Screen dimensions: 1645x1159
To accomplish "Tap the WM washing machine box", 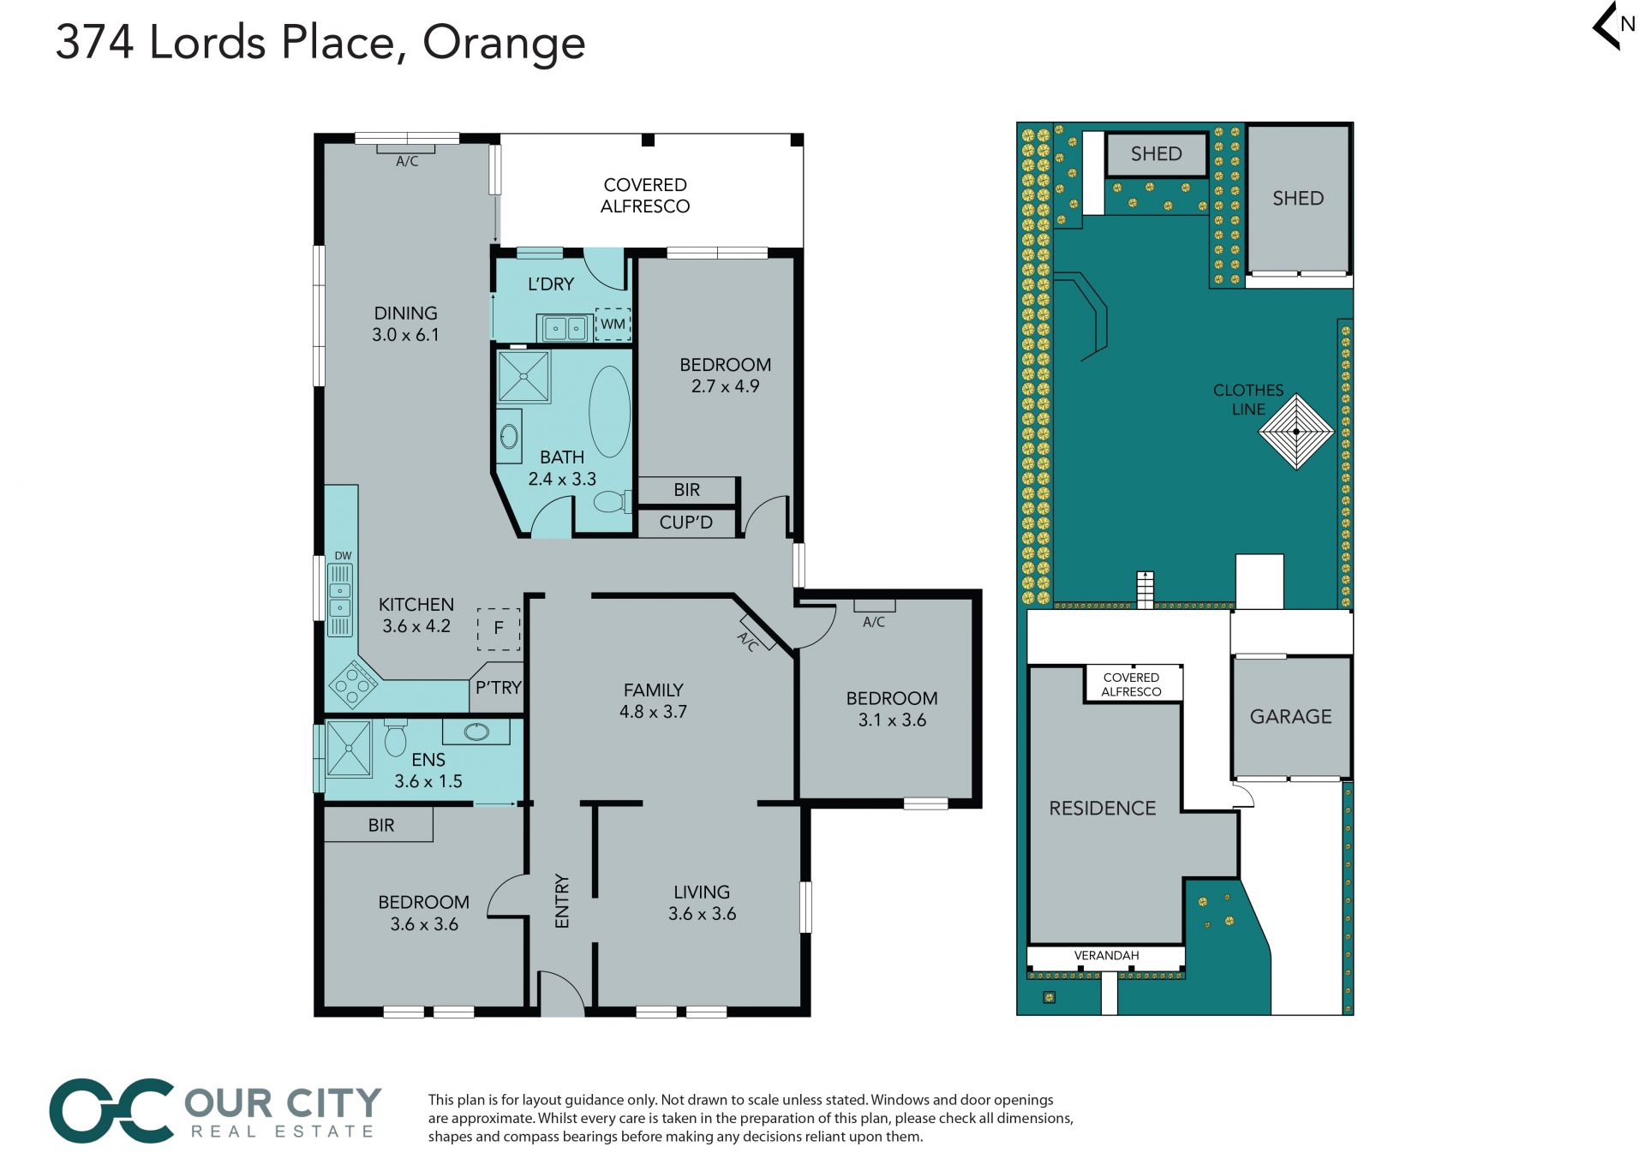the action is coord(613,324).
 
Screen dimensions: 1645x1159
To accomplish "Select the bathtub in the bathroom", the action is coord(609,412).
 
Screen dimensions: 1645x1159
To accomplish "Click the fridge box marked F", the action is coord(499,629).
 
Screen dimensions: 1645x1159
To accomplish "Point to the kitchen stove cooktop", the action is coord(353,684).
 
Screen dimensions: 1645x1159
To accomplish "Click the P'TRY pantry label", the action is coord(499,687).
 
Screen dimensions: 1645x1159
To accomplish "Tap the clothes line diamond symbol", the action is coord(1296,432).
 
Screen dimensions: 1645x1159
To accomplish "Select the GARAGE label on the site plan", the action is coord(1290,716).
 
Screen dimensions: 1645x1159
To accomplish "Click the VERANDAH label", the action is coord(1106,955).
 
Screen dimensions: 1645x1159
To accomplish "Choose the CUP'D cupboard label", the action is coord(685,523).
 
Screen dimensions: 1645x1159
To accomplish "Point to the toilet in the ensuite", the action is coord(395,737).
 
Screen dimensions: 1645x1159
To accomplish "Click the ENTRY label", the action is coord(562,900).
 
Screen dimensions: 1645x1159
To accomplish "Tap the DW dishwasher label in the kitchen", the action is coord(343,556).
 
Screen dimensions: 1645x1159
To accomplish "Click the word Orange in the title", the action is coord(504,43).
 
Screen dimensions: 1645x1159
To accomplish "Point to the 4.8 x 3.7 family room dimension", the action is coord(653,712).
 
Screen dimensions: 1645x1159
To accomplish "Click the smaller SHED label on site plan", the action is coord(1156,154).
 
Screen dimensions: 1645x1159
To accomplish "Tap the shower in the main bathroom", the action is coord(523,377).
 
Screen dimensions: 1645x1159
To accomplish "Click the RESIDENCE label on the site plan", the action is coord(1103,808).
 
